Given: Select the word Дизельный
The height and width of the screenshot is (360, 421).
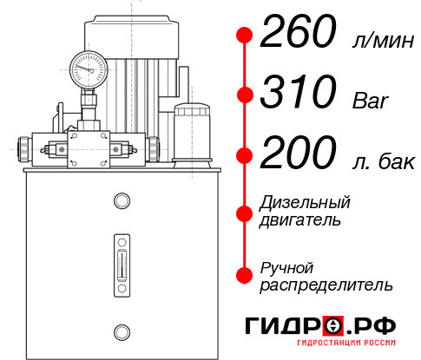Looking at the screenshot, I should (x=305, y=203).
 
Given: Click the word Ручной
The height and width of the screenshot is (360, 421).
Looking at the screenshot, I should (x=286, y=266).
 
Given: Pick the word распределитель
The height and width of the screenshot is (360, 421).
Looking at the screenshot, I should (x=326, y=284).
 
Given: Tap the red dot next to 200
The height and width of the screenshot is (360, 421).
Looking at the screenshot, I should (x=245, y=154).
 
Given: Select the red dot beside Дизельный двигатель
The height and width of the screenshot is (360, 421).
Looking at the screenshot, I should (x=245, y=213).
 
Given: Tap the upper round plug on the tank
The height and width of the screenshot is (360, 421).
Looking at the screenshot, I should (x=121, y=202).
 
